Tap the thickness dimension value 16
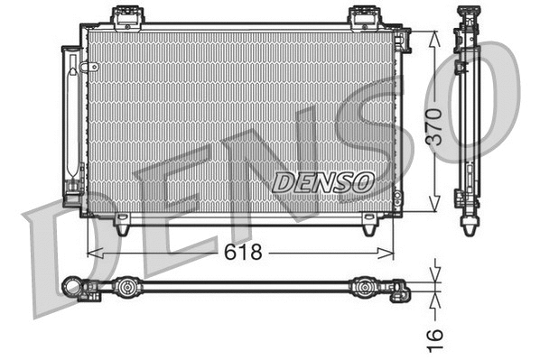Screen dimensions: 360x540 point(435,335)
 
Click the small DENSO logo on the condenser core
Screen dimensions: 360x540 point(322,180)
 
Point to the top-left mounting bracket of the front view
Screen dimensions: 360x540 point(126,16)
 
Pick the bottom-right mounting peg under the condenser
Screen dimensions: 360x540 point(368,228)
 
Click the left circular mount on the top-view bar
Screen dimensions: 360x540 point(129,289)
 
